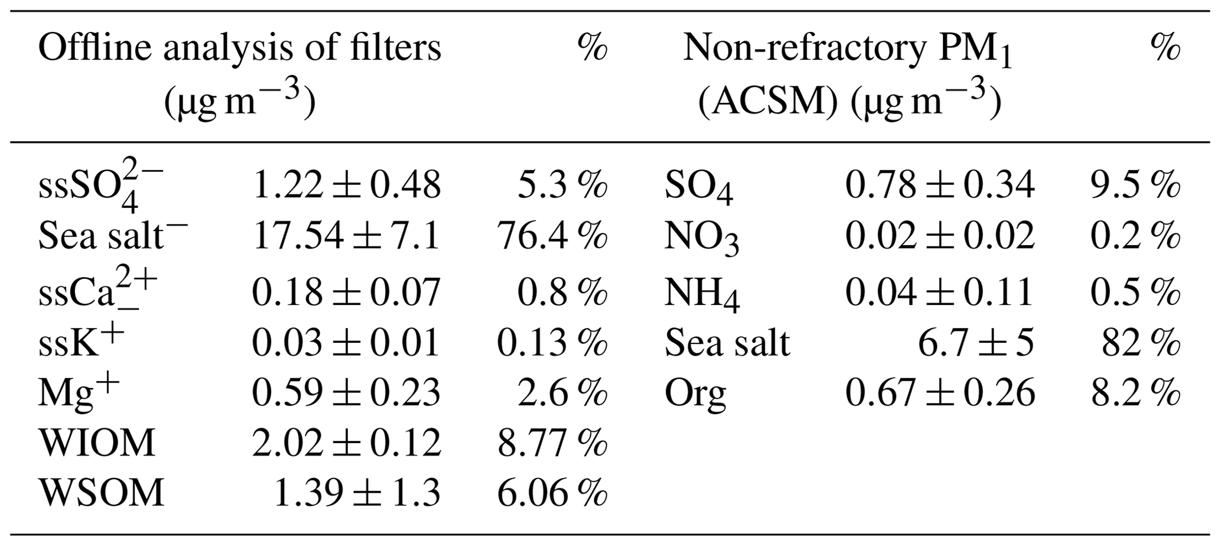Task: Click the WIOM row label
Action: pos(97,443)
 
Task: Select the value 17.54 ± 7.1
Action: pos(346,236)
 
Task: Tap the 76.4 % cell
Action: pos(552,236)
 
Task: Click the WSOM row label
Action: pos(101,492)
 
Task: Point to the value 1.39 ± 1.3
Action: pos(357,492)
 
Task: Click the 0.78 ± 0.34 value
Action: pos(939,184)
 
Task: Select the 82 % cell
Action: pos(1141,342)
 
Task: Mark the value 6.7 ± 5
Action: pos(975,342)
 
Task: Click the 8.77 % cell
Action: pos(552,443)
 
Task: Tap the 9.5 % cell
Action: pos(1135,184)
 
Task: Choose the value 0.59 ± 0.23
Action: pos(346,392)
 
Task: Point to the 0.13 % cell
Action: pos(552,342)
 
